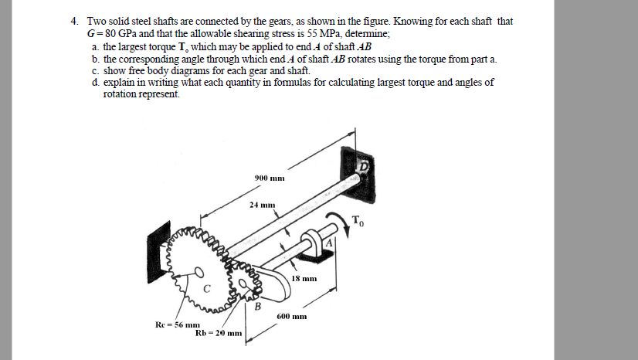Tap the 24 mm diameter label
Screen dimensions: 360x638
(263, 205)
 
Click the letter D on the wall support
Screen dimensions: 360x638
(362, 165)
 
